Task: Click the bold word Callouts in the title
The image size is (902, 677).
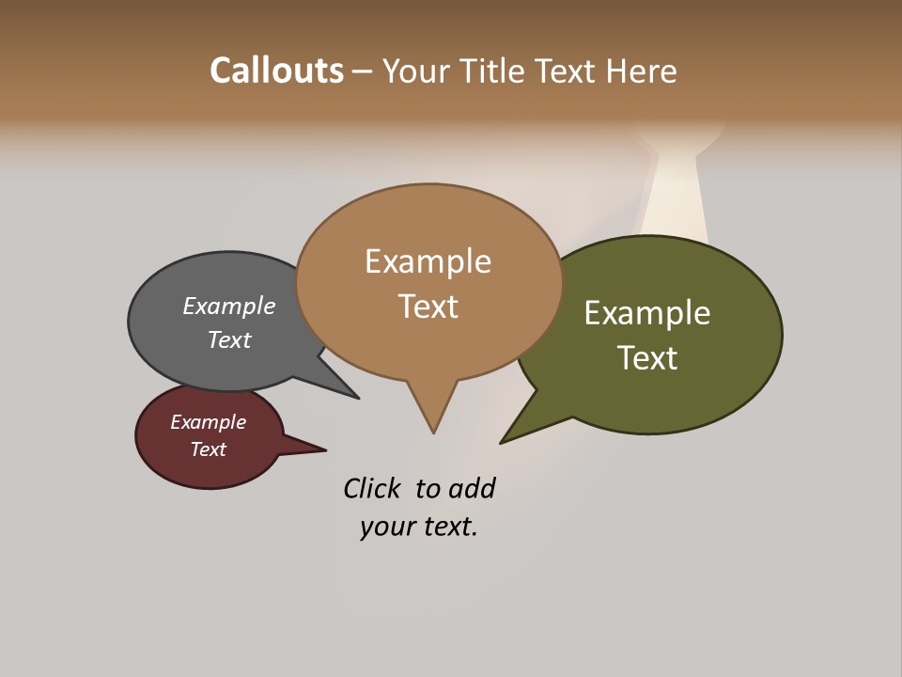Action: click(276, 71)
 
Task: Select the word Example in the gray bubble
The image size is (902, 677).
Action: click(229, 306)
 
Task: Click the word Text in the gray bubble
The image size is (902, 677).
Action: click(229, 339)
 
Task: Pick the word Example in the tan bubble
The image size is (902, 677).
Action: click(428, 261)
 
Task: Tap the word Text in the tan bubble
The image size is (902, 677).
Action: click(428, 307)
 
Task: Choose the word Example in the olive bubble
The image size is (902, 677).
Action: click(647, 313)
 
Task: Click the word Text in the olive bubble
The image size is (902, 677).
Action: click(647, 358)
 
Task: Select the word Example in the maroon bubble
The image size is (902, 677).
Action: click(209, 422)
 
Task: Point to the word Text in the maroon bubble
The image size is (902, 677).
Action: click(209, 449)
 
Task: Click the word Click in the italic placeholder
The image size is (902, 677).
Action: click(371, 489)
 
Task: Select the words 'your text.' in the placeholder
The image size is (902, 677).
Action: click(419, 527)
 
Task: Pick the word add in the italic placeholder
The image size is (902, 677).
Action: click(472, 489)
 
